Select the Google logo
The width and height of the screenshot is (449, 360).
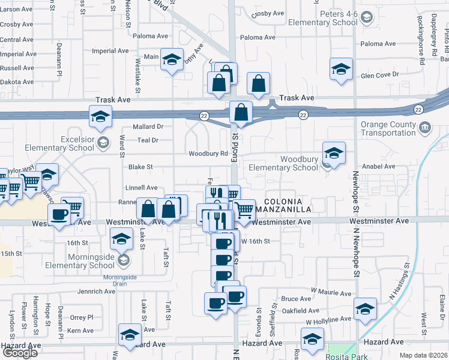[x=20, y=353]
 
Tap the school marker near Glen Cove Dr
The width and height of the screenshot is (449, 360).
[x=341, y=69]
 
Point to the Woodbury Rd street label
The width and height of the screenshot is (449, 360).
[x=208, y=154]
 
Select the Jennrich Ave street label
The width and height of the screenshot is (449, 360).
[x=96, y=292]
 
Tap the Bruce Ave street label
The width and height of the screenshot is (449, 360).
[x=296, y=299]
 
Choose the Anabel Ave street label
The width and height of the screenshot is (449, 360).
[x=379, y=167]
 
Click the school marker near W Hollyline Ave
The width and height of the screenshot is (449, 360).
[x=364, y=310]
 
